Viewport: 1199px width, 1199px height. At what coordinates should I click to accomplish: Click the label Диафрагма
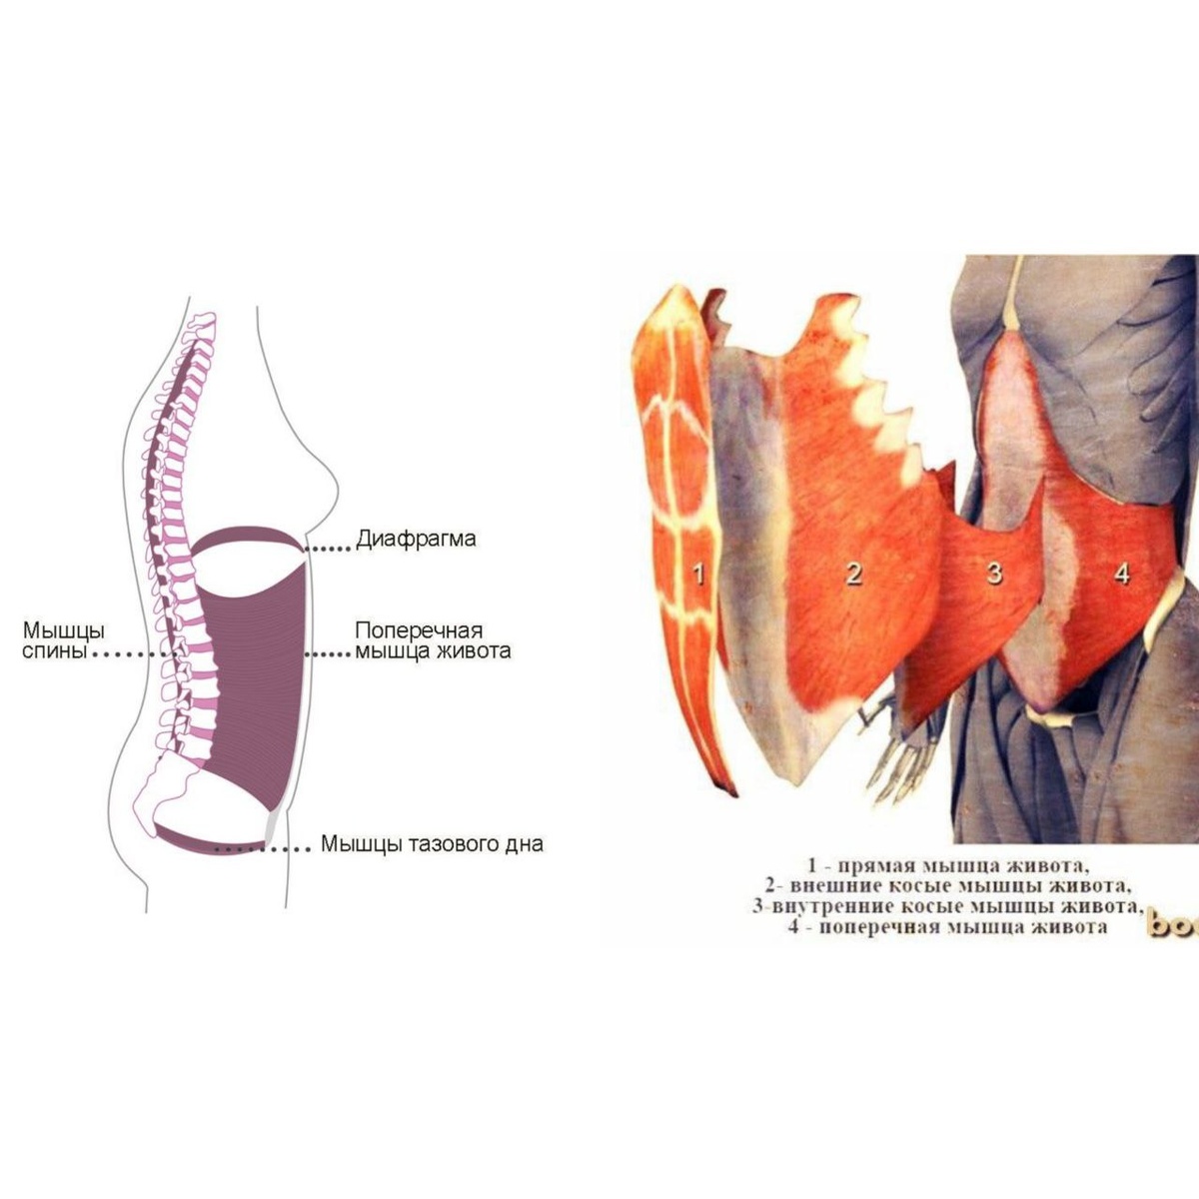(x=416, y=540)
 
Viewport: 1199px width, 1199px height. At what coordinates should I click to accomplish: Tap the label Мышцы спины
(x=64, y=641)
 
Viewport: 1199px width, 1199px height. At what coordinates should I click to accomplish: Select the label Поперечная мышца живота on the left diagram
(x=433, y=641)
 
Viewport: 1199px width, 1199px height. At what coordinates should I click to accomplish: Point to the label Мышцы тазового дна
(x=432, y=844)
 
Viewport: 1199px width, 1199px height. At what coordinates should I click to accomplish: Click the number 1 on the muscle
(x=699, y=573)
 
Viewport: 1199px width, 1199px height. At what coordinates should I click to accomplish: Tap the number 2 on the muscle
(x=853, y=573)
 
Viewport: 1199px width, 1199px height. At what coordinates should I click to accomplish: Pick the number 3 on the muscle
(x=994, y=573)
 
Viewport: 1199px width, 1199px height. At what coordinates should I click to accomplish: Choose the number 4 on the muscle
(x=1122, y=574)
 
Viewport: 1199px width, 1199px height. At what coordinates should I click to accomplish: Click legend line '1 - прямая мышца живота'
(x=946, y=865)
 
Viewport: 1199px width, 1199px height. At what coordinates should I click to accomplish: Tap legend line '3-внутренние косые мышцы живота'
(x=947, y=907)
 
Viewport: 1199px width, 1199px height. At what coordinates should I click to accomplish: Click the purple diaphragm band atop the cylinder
(x=245, y=540)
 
